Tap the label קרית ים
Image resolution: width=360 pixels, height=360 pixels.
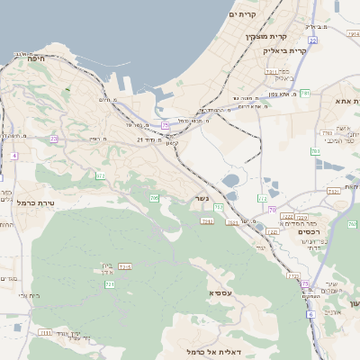[243, 14]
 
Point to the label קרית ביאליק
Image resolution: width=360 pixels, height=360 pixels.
[285, 50]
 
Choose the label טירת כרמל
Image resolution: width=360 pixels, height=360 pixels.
[38, 202]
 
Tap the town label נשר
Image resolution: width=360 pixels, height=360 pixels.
[202, 199]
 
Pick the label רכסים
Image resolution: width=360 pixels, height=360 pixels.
[309, 231]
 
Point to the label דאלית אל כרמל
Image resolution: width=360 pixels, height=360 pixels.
[185, 351]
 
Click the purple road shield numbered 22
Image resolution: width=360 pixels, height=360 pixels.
[312, 40]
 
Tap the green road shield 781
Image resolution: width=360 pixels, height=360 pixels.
[305, 94]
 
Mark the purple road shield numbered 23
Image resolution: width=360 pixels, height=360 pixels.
[54, 139]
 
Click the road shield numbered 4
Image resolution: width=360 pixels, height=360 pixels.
[14, 156]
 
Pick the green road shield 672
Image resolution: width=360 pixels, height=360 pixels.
[100, 176]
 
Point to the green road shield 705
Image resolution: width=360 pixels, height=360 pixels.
[154, 198]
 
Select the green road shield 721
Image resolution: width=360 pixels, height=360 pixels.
[110, 284]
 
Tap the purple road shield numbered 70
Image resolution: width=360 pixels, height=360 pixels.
[272, 210]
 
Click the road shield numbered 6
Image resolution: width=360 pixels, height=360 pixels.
[310, 314]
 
